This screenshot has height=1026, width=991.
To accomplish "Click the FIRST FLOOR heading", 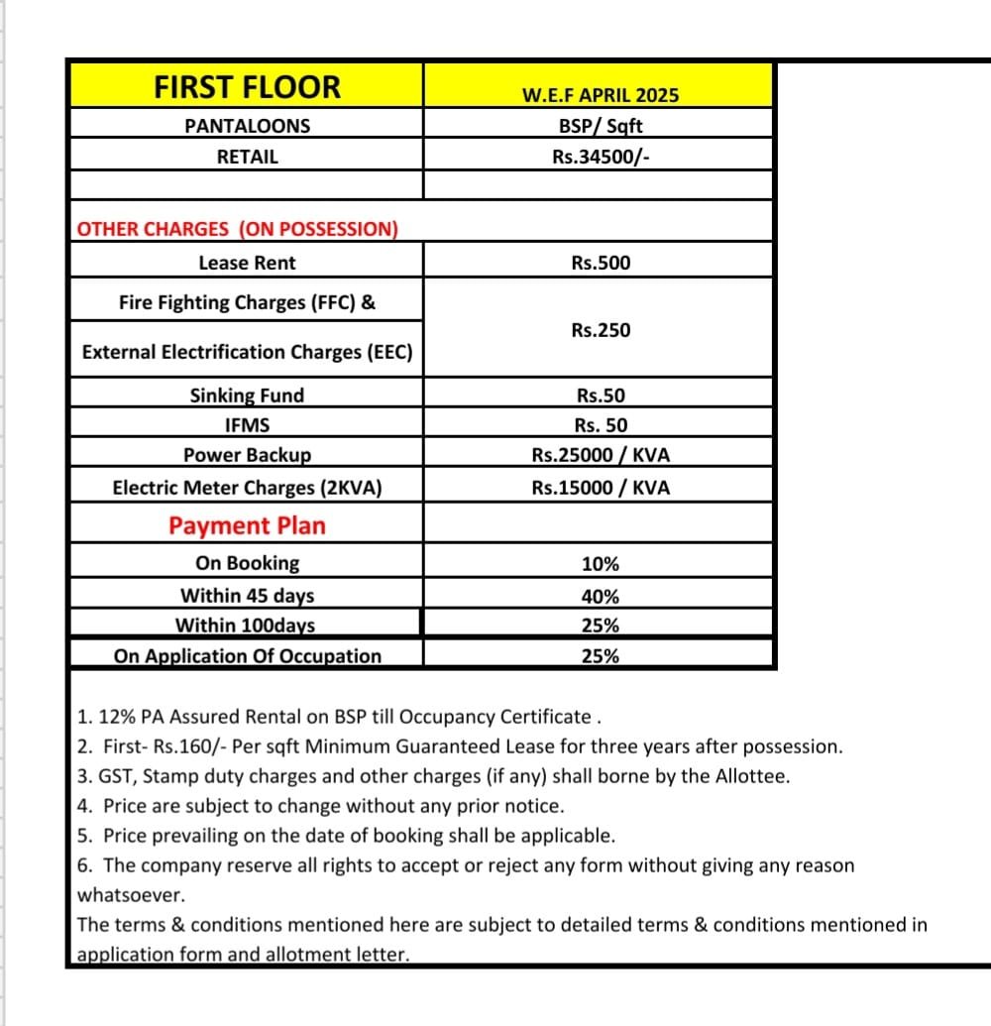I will click(247, 87).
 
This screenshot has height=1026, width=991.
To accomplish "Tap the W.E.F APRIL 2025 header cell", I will click(600, 95).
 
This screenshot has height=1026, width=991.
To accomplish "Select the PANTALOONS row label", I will click(247, 126).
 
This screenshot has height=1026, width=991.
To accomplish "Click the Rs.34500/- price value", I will click(601, 157).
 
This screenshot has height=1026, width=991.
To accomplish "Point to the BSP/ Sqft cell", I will click(601, 126).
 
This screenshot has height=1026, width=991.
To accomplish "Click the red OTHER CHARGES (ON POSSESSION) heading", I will click(238, 229).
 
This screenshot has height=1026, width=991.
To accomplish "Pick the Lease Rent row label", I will click(247, 264).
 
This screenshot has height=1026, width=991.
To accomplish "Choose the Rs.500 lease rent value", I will click(601, 264).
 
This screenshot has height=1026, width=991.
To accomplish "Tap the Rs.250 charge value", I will click(601, 330).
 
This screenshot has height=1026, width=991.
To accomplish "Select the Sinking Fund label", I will click(247, 396).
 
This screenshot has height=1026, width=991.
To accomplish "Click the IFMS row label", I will click(247, 425).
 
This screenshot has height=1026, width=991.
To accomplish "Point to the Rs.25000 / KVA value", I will click(601, 456).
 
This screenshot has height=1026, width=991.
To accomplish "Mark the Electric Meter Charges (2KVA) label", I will click(247, 488).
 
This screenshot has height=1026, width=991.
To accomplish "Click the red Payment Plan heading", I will click(247, 525).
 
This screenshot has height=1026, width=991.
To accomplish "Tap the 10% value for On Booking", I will click(601, 564).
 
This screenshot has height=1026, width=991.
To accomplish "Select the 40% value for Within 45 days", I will click(601, 597).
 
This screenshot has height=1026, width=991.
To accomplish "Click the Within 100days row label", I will click(246, 626).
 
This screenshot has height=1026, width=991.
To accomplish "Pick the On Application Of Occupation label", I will click(248, 656).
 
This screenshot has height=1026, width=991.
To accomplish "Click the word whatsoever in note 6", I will click(131, 894).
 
